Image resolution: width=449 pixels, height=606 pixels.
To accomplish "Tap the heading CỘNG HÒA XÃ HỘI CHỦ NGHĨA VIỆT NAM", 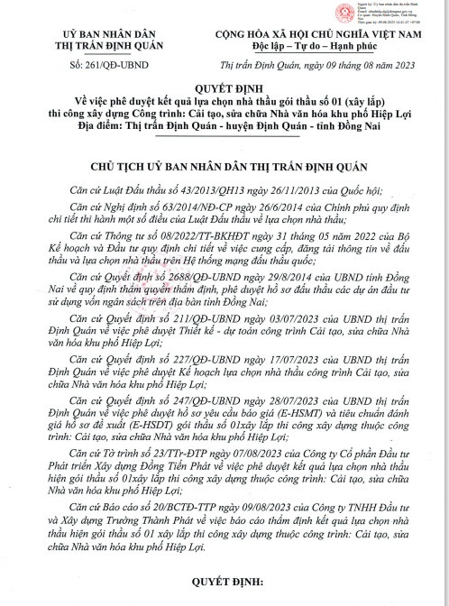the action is (316, 32).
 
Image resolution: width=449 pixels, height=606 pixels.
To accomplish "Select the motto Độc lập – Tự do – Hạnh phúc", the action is (316, 44).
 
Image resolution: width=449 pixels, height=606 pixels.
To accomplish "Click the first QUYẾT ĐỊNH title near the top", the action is (224, 88).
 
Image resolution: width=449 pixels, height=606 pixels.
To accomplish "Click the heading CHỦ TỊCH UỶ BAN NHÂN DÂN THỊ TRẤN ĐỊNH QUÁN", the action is (224, 169).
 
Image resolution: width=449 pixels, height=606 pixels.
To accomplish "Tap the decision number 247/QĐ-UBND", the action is (180, 422).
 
